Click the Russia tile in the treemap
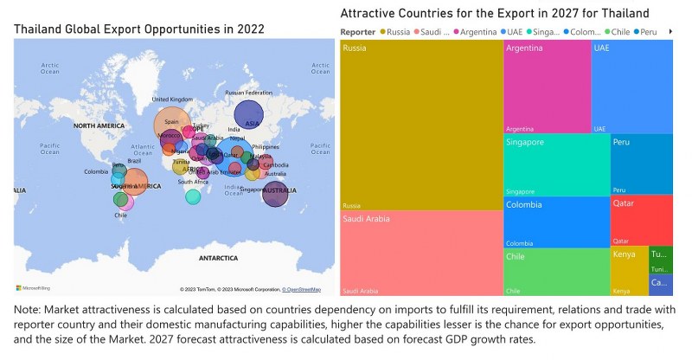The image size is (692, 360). (421, 125)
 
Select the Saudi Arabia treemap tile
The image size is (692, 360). (421, 254)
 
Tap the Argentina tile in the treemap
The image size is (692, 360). (547, 87)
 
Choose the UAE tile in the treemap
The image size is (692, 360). (631, 87)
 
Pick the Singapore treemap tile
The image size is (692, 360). (556, 165)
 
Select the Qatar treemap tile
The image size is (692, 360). (641, 220)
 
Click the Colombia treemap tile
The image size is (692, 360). (556, 222)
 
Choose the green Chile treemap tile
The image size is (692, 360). (556, 273)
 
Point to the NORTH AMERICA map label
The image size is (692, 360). (105, 126)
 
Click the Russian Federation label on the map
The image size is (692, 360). (248, 93)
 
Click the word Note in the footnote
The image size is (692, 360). (29, 309)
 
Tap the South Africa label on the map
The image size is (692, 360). (193, 182)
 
